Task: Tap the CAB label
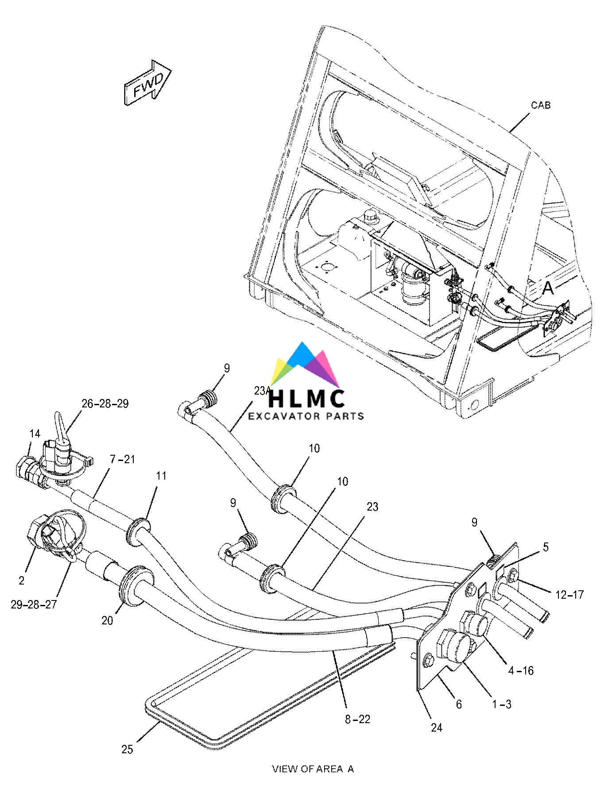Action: tap(541, 105)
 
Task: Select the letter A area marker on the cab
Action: tap(548, 288)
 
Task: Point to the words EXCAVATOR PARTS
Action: tap(306, 416)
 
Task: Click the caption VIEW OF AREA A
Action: tap(313, 769)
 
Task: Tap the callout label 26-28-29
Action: tap(105, 403)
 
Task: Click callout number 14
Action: tap(35, 434)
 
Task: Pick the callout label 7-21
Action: tap(122, 460)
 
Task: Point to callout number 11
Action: tap(161, 476)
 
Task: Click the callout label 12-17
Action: tap(569, 595)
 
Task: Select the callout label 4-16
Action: tap(521, 671)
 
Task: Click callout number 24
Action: tap(437, 728)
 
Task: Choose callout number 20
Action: tap(107, 621)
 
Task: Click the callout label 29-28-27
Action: tap(34, 604)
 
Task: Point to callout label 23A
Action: tap(262, 391)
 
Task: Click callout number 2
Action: tap(21, 580)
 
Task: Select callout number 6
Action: tap(459, 704)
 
